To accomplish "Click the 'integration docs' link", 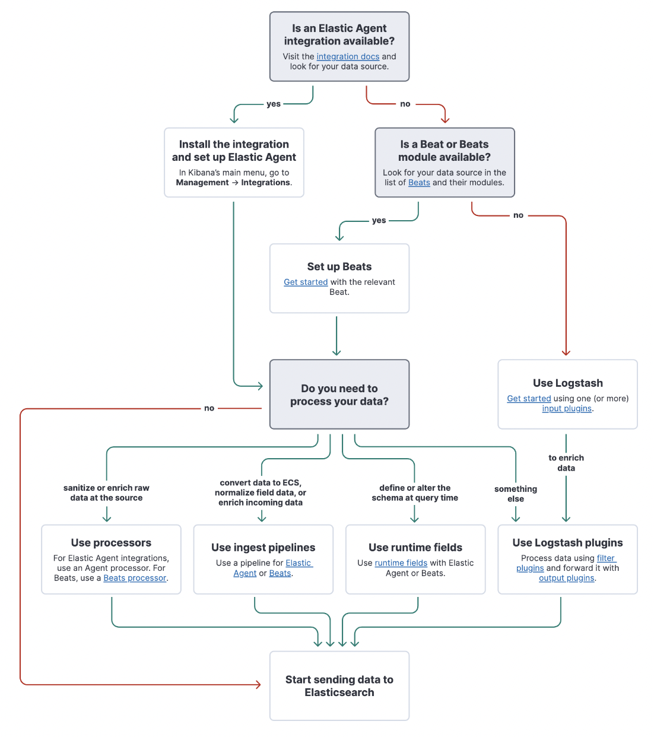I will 348,57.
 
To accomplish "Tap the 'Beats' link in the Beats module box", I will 419,183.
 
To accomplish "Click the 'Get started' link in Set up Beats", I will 306,282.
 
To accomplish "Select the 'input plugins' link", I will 567,409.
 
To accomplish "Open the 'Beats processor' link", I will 135,579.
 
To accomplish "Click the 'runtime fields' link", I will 401,563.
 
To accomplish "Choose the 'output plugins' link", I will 566,579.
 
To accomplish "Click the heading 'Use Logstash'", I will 567,383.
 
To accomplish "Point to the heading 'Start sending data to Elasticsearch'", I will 339,686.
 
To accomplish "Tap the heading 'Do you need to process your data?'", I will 339,395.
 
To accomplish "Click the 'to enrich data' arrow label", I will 566,463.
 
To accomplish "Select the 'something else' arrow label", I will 515,494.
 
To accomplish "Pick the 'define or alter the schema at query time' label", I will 415,493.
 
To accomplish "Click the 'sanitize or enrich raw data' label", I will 106,493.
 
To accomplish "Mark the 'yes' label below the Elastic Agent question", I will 274,104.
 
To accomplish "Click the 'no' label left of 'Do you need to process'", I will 209,408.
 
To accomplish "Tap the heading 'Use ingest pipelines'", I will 263,548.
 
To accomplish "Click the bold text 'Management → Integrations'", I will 233,183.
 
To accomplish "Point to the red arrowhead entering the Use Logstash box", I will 566,352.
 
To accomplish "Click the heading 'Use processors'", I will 111,543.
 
